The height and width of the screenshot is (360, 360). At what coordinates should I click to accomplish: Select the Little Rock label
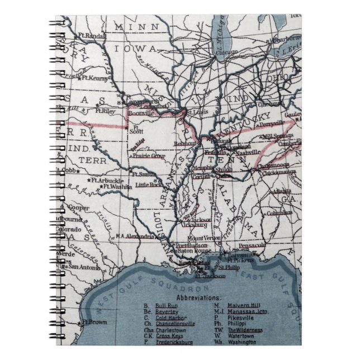(x=150, y=184)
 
